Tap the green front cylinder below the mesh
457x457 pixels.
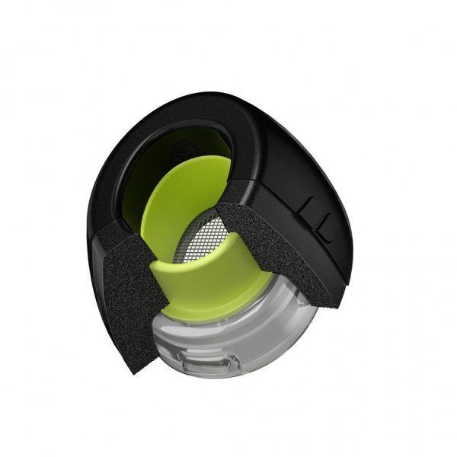[206, 286]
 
